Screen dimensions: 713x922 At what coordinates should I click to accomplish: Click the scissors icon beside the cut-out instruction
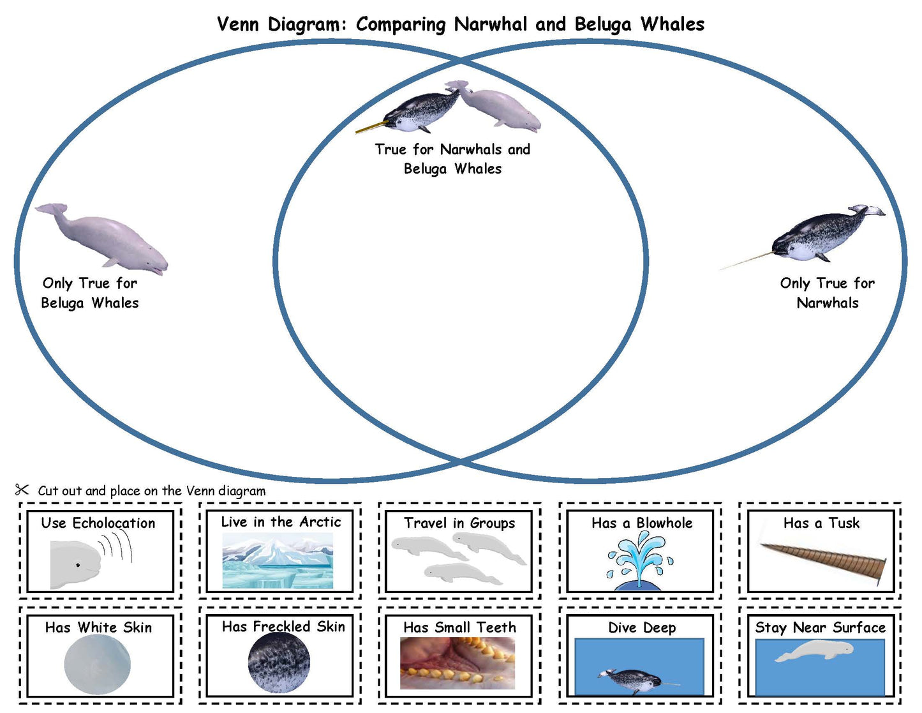pos(22,490)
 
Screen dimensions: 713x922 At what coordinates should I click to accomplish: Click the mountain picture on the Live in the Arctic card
pos(278,559)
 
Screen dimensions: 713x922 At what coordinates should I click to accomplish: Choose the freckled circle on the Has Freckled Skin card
pos(279,663)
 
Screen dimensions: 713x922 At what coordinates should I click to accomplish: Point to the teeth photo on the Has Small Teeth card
pos(457,663)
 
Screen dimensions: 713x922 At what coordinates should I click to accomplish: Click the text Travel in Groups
pos(459,523)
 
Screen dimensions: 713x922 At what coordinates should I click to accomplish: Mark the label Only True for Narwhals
pos(828,292)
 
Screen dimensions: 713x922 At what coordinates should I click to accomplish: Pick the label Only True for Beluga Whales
pos(90,292)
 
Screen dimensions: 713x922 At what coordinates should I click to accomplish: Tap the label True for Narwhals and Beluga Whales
pos(452,158)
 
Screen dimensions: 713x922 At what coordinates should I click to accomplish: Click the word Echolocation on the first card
pos(114,523)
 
